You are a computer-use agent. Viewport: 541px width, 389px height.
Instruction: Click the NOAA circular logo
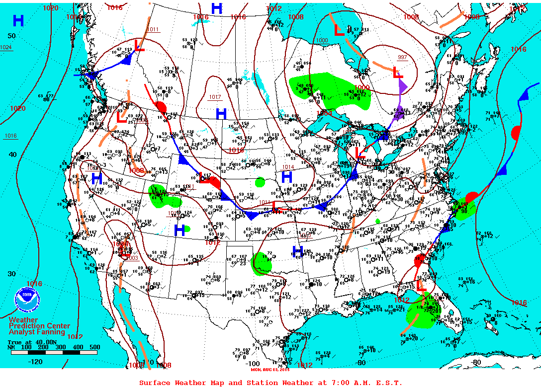(x=27, y=299)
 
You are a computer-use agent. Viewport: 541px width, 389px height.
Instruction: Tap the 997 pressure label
(x=402, y=58)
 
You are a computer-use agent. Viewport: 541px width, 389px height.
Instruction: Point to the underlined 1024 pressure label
(x=6, y=48)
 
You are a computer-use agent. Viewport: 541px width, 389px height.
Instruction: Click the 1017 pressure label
(x=215, y=97)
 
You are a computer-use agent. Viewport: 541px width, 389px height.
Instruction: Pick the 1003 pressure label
(x=132, y=258)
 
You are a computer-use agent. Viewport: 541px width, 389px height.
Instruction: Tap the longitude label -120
(x=36, y=362)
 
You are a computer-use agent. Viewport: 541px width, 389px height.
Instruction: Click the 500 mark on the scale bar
(x=94, y=347)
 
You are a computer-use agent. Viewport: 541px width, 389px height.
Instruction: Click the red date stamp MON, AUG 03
(x=269, y=369)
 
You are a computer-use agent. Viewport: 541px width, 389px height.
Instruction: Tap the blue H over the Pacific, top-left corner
(x=18, y=21)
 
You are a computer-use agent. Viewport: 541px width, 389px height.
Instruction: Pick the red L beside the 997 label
(x=398, y=73)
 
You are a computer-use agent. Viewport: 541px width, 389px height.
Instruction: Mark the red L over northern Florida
(x=421, y=286)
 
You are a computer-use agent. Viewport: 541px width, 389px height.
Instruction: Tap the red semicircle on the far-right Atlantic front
(x=516, y=133)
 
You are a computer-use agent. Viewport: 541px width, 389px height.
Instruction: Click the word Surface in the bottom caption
(x=155, y=383)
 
